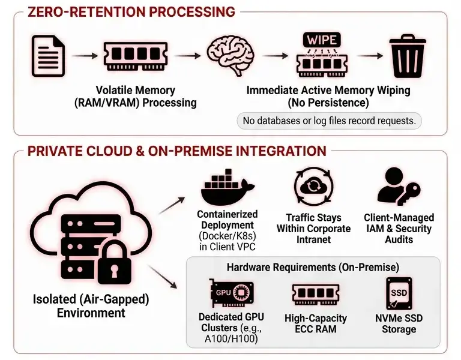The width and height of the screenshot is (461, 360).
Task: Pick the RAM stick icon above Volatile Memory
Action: tap(135, 56)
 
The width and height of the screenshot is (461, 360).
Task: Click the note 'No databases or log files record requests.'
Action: tap(329, 121)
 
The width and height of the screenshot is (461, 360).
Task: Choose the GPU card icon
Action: tap(231, 294)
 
